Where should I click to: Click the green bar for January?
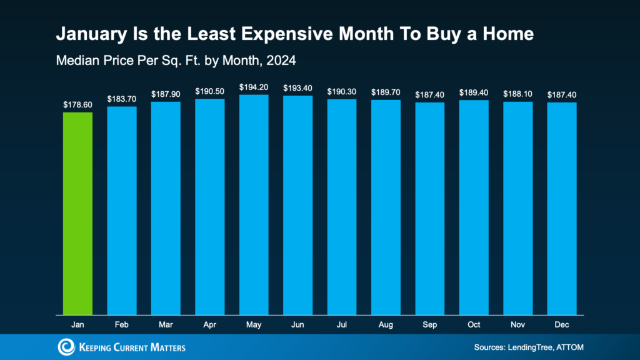(x=78, y=212)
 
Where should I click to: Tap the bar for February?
(x=122, y=210)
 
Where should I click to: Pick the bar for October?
(x=474, y=207)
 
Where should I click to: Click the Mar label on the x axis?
(x=166, y=326)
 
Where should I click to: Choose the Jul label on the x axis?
(x=342, y=326)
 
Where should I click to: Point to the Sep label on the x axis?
(x=430, y=326)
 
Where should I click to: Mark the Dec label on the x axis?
(x=562, y=326)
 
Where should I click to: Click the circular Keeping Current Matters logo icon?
(x=66, y=347)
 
